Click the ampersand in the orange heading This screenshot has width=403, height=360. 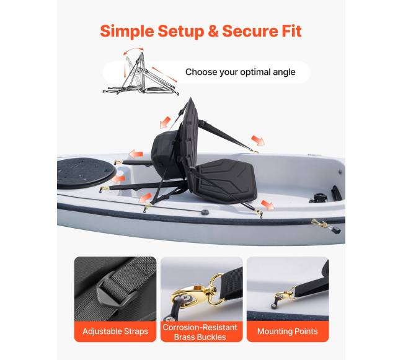tap(213, 32)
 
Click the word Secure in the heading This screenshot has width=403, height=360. tap(249, 32)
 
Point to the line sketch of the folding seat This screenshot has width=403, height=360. tap(141, 74)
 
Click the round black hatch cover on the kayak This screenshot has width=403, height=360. tap(85, 173)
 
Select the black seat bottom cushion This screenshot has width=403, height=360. tap(224, 180)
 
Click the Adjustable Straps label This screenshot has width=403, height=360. tap(115, 331)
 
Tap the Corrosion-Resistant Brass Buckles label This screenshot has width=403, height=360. tap(200, 332)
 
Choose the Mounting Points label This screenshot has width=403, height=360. tap(287, 331)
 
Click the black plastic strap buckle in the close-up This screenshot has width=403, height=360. tap(114, 293)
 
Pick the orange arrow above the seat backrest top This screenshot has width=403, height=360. tap(165, 122)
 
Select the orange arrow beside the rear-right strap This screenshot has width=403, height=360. tap(258, 141)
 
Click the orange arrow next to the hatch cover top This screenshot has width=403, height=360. tap(136, 154)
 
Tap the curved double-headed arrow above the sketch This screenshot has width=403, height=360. tap(133, 50)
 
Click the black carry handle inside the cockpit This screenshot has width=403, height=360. tap(336, 193)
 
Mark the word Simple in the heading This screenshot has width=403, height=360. tap(127, 32)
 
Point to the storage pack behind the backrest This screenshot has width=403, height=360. tap(166, 154)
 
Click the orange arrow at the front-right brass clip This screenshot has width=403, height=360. tap(267, 205)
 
